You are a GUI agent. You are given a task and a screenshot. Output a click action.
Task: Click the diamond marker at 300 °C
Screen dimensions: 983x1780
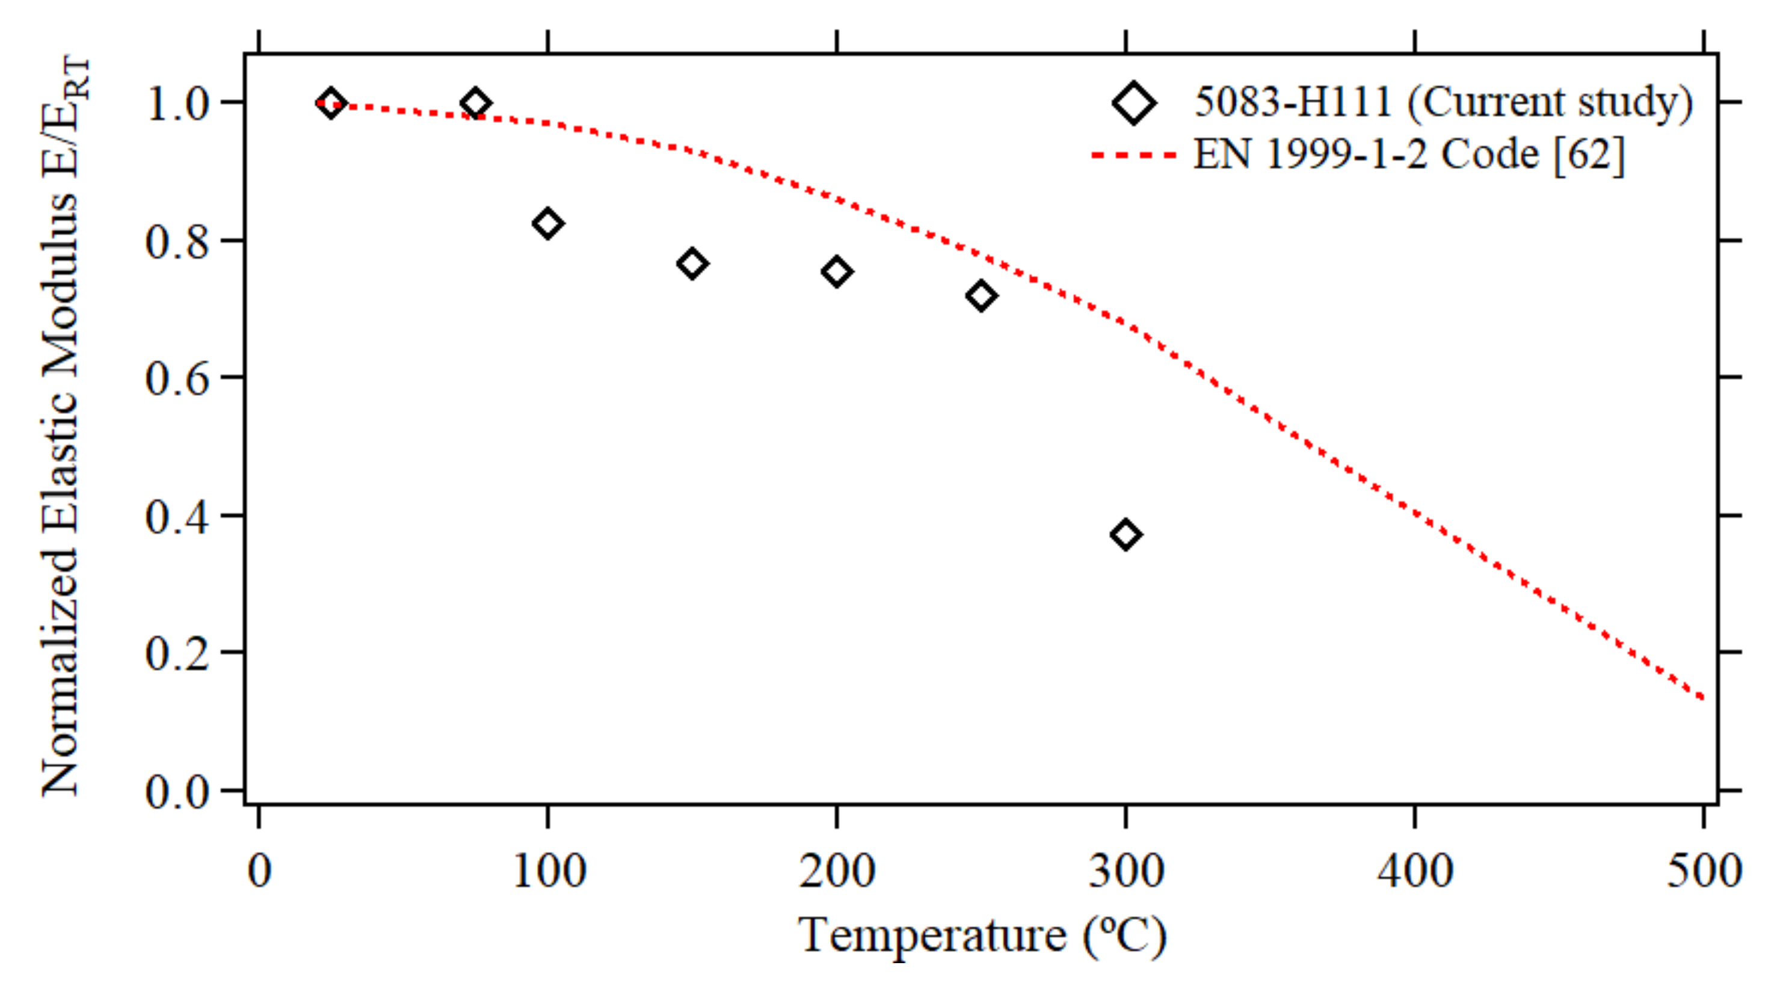tap(1126, 535)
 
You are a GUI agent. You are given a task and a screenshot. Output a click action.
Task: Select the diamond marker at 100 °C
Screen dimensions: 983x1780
tap(548, 224)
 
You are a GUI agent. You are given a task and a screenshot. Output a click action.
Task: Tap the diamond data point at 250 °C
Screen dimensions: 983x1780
tap(981, 297)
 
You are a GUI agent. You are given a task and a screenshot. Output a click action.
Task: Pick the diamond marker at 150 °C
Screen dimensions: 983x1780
tap(692, 264)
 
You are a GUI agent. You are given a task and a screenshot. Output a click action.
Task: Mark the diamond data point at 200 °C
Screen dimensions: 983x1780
tap(837, 271)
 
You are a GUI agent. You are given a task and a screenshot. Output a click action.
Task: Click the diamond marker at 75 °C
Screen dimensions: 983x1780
tap(475, 103)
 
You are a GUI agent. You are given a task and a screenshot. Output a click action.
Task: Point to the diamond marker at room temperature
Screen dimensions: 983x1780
tap(331, 103)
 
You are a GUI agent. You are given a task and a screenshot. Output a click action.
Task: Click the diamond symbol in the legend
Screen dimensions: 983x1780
tap(1134, 103)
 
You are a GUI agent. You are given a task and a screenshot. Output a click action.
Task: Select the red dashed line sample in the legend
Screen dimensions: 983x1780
tap(1134, 155)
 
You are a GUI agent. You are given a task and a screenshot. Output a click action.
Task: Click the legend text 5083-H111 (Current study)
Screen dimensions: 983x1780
tap(1444, 102)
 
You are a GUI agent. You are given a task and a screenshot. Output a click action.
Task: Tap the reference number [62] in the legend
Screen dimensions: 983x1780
tap(1589, 154)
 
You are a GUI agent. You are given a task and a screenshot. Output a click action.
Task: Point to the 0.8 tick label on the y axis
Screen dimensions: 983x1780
tap(177, 242)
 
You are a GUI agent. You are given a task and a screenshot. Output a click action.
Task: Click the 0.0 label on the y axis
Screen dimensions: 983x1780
tap(177, 791)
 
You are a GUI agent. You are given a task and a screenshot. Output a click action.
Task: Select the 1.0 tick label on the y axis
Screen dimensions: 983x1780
tap(177, 105)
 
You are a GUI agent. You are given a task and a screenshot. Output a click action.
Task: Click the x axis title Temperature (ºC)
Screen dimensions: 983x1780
tap(982, 936)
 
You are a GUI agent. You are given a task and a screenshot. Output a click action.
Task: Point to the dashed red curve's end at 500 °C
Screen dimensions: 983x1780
tap(1701, 698)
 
